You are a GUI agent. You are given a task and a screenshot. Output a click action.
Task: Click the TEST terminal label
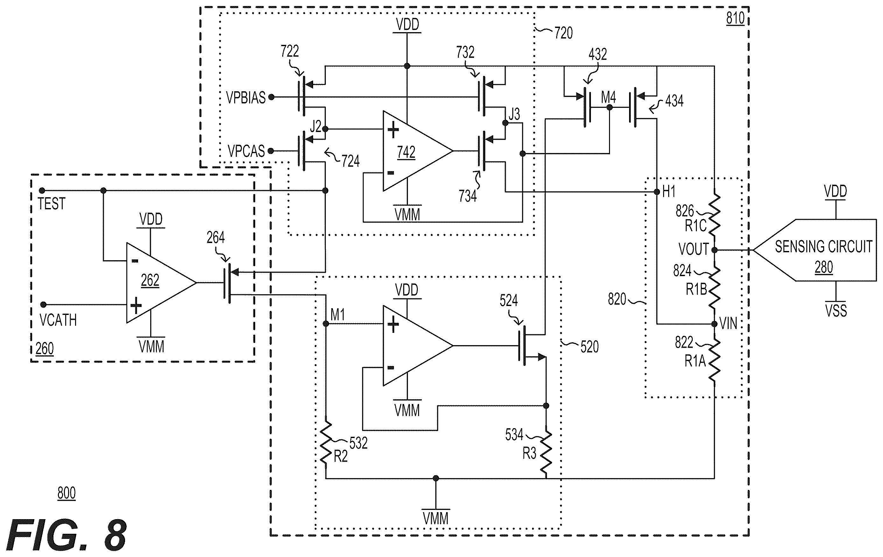click(51, 204)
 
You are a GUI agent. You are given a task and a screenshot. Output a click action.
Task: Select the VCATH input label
click(58, 320)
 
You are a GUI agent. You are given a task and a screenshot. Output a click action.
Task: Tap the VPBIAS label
click(246, 98)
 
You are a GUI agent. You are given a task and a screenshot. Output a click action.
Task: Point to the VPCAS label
click(246, 151)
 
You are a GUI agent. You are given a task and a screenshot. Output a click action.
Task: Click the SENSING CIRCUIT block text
click(823, 247)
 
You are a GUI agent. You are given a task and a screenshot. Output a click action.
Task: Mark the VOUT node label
click(693, 249)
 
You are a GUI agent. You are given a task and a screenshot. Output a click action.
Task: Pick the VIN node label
click(728, 324)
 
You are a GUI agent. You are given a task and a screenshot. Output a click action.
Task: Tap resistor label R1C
click(696, 226)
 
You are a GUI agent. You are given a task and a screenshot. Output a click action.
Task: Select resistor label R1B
click(696, 290)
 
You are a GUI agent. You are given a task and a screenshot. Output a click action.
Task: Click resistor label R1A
click(695, 361)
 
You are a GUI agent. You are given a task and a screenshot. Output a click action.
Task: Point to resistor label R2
click(341, 456)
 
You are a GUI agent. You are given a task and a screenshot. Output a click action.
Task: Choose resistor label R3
click(529, 454)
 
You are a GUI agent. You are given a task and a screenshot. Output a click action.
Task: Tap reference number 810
click(735, 18)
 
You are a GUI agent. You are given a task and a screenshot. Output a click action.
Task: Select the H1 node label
click(669, 191)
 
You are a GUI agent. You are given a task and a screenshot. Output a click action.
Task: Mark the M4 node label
click(608, 98)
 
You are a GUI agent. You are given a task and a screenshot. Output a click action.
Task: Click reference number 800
click(67, 493)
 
